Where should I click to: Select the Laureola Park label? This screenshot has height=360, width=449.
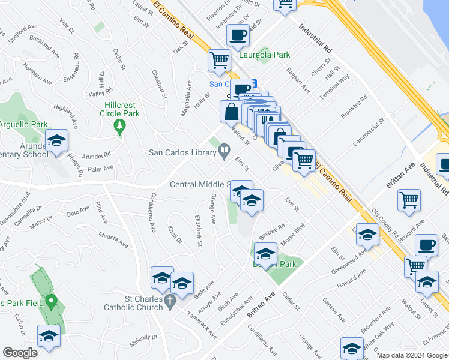point(265,55)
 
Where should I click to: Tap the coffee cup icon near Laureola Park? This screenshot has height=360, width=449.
point(238,35)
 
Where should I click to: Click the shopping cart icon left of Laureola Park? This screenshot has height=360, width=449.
point(219,60)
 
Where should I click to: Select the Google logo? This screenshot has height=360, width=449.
point(20,353)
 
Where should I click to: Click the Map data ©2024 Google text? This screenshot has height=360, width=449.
point(412,355)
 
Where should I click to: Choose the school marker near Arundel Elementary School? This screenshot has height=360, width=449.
point(57,141)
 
